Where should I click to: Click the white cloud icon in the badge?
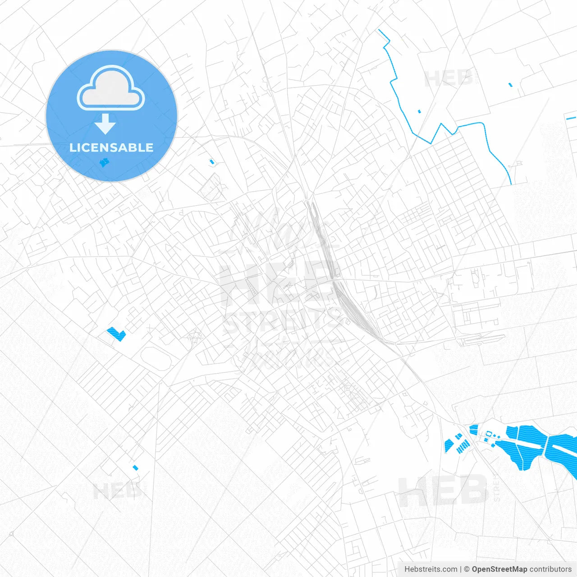(111, 90)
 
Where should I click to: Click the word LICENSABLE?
(111, 147)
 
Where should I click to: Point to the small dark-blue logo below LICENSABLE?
(104, 163)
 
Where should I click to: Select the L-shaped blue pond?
(117, 334)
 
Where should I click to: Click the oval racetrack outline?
(156, 359)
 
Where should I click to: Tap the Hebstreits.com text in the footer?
(430, 569)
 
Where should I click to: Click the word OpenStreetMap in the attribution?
(499, 569)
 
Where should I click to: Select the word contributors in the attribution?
(550, 569)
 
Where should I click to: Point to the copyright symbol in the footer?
(467, 569)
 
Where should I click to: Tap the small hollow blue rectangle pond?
(488, 434)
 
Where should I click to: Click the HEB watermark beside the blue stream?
(449, 79)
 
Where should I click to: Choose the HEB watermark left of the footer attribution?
(442, 491)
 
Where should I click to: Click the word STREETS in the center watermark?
(282, 321)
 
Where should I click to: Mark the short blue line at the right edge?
(571, 119)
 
